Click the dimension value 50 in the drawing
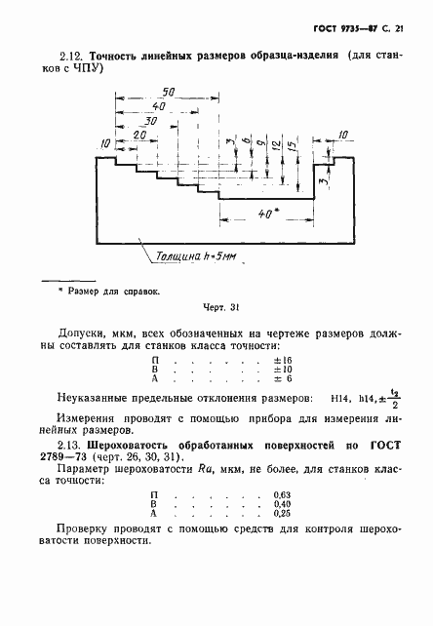tap(169, 91)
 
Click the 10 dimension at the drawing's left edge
tap(105, 144)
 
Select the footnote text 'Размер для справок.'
tap(116, 291)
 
